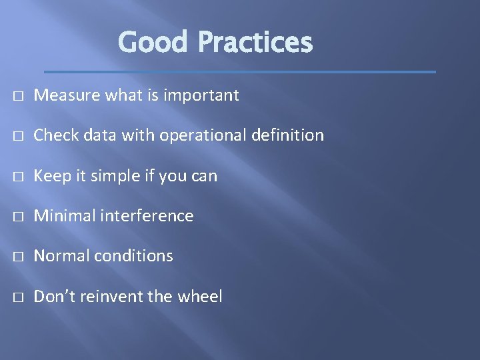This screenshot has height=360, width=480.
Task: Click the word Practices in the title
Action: click(255, 43)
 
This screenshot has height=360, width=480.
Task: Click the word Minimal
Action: click(63, 216)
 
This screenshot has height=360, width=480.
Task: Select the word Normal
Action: click(61, 256)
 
